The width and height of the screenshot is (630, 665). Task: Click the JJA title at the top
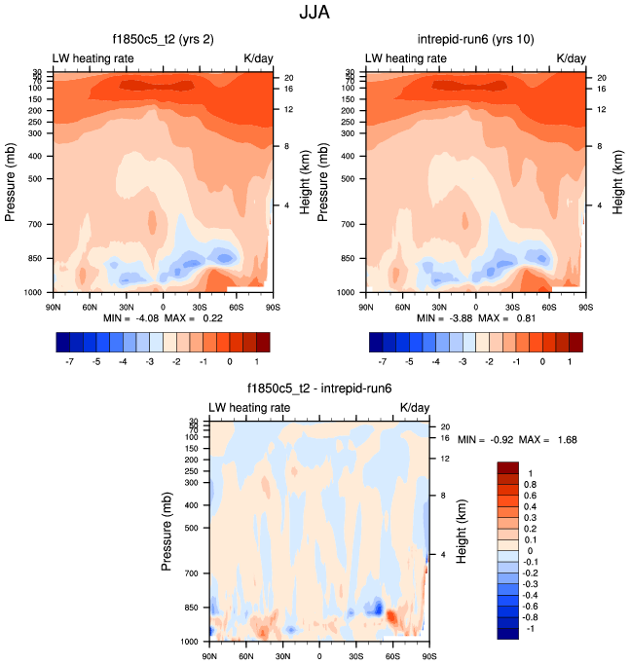(315, 15)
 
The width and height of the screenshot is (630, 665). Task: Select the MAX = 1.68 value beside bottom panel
(550, 440)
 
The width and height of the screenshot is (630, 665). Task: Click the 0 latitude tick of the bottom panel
(318, 655)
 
